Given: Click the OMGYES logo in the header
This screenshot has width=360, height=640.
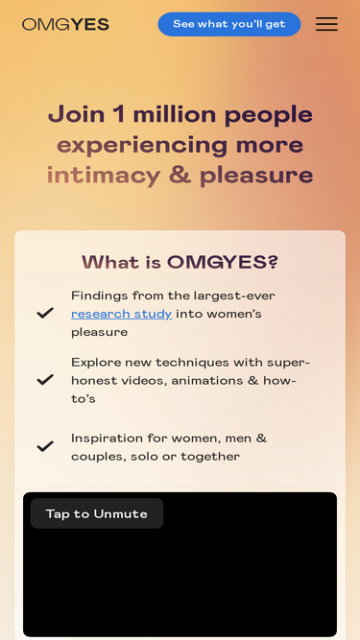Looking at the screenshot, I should click(65, 24).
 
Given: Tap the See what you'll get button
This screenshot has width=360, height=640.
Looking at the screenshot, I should click(228, 24).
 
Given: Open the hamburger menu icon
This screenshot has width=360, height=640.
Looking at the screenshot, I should click(326, 24).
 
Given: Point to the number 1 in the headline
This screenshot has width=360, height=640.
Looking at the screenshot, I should click(119, 115).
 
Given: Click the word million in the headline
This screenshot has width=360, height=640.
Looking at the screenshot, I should click(175, 115).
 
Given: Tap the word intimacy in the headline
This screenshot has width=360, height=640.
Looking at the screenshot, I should click(104, 176).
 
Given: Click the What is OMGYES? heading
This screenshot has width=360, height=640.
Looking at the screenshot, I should click(180, 262).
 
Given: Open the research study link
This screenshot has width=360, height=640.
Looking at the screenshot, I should click(121, 314).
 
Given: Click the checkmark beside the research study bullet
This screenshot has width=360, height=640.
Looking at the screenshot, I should click(45, 313).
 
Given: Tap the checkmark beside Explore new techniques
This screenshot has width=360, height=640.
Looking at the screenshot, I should click(45, 379).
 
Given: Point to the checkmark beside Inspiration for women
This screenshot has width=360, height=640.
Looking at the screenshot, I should click(45, 446).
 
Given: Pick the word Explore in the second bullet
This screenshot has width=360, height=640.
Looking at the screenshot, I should click(96, 362).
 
